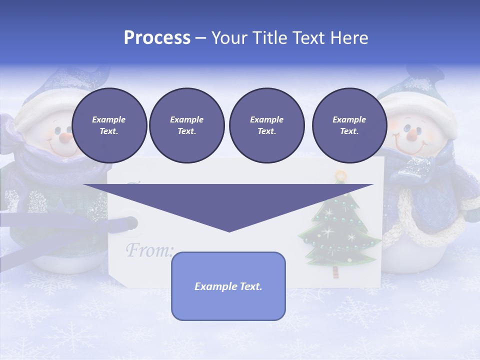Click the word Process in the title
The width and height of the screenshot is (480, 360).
(157, 38)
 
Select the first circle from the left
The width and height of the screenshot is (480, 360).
(109, 125)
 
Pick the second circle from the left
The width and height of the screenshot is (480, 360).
(186, 125)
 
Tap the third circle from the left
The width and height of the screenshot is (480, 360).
(266, 125)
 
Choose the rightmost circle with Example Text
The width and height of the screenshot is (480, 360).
(349, 125)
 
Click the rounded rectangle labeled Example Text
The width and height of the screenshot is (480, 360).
(228, 286)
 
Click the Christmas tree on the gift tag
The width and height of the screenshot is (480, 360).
(338, 230)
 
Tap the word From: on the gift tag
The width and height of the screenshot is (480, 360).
(149, 249)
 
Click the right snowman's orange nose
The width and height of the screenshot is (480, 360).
(411, 134)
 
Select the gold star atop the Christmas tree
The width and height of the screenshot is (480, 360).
(340, 175)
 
